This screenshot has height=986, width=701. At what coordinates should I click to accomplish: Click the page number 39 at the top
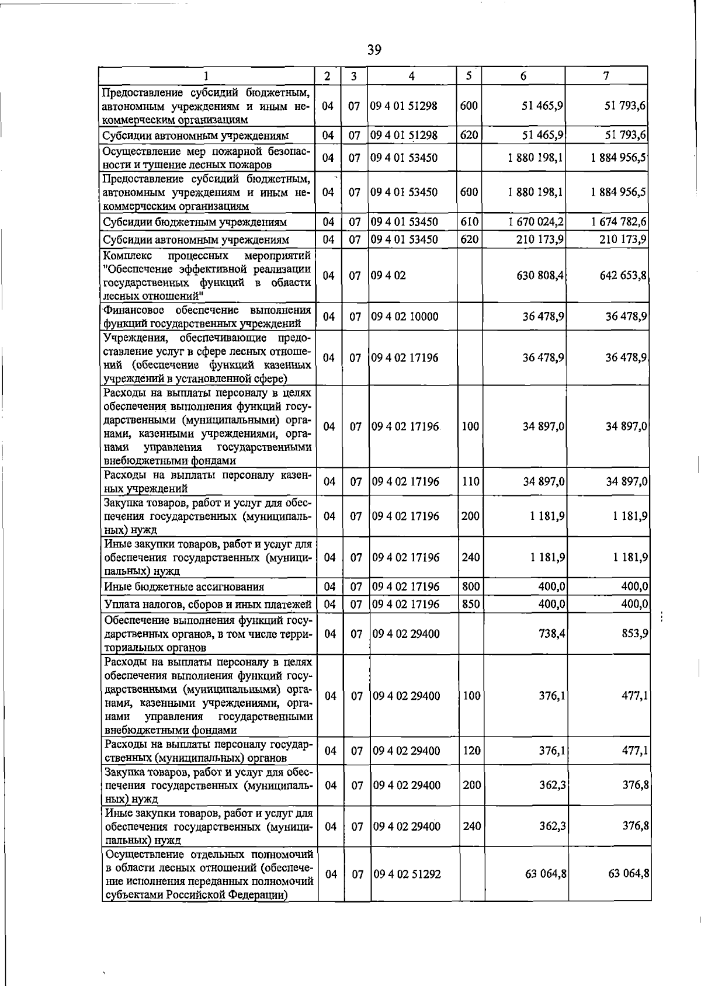(x=374, y=50)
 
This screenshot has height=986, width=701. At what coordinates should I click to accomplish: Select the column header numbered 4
(x=412, y=76)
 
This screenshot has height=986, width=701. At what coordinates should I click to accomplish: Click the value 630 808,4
(x=540, y=275)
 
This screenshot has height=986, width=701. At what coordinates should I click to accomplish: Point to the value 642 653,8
(x=623, y=275)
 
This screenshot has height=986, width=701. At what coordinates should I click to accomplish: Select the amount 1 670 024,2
(x=536, y=222)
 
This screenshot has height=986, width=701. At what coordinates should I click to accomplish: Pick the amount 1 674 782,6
(x=619, y=222)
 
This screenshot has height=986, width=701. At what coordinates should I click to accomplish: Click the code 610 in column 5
(x=470, y=222)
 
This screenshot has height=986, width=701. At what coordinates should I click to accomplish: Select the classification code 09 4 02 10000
(x=405, y=317)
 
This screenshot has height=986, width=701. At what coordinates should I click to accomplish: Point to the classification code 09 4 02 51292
(x=407, y=874)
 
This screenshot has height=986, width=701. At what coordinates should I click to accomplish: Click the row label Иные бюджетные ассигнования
(x=184, y=587)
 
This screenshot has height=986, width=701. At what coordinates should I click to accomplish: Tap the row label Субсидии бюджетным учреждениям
(x=195, y=223)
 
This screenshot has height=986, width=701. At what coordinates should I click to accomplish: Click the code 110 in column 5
(x=471, y=482)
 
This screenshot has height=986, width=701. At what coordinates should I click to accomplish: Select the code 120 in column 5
(x=471, y=751)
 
